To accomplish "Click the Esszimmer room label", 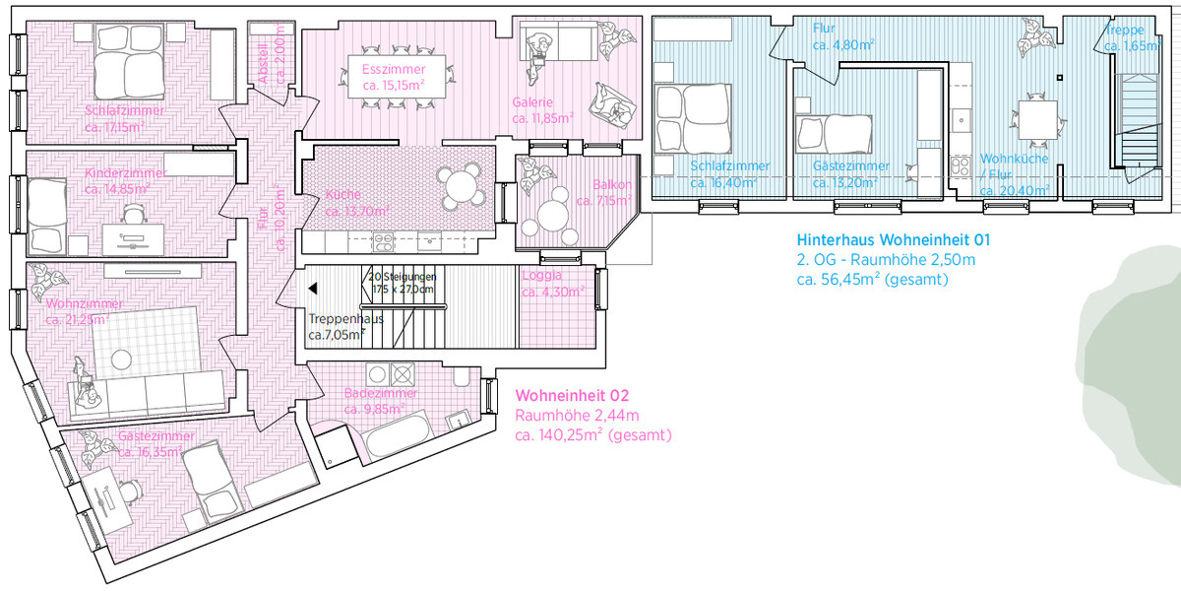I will coord(394,70).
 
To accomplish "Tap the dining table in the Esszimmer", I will coord(394,77).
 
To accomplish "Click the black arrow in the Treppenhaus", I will coord(312,289).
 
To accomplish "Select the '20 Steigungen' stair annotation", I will coord(401,277).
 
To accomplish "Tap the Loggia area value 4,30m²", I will coord(553,292).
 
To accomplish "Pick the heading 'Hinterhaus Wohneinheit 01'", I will coord(893,239).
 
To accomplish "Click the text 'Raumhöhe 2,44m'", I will coord(564,415).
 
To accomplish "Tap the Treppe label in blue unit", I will coord(1123,31).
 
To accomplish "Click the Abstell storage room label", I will coord(263,44).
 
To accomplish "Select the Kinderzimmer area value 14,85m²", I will coord(116,188).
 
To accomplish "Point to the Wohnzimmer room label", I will coord(79,302).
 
